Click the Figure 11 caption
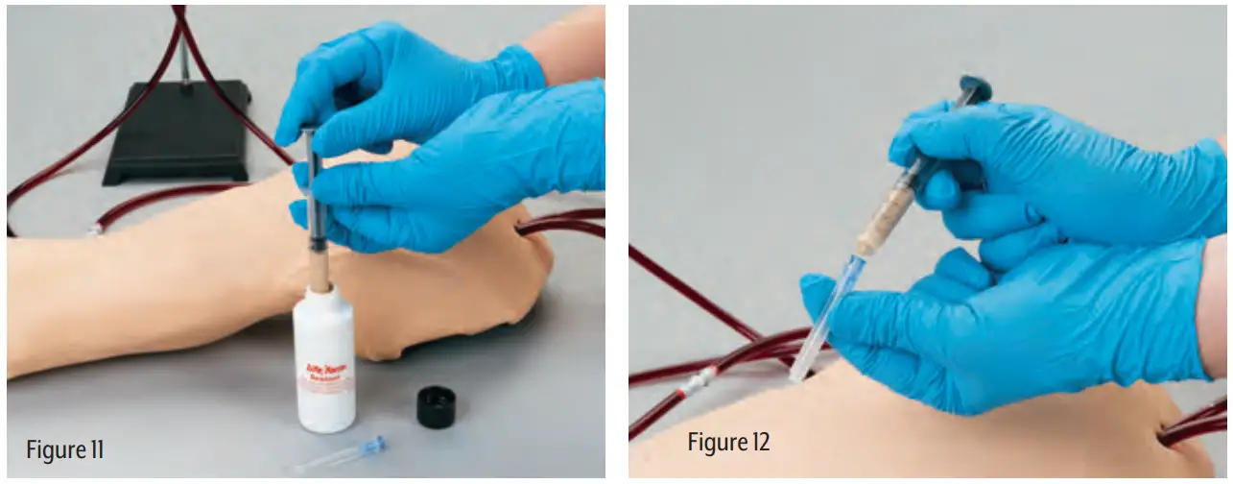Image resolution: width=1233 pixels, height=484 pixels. click(64, 448)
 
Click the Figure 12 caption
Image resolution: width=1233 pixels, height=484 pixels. click(728, 442)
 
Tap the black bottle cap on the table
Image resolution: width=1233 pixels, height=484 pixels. click(437, 406)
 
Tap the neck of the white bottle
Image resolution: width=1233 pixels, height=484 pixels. click(322, 294)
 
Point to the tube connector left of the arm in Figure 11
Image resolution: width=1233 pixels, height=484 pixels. click(94, 229)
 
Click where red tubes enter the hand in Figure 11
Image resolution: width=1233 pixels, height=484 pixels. click(521, 227)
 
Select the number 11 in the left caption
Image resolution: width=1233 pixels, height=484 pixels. click(93, 448)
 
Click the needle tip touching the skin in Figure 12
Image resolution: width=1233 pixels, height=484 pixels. click(794, 377)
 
